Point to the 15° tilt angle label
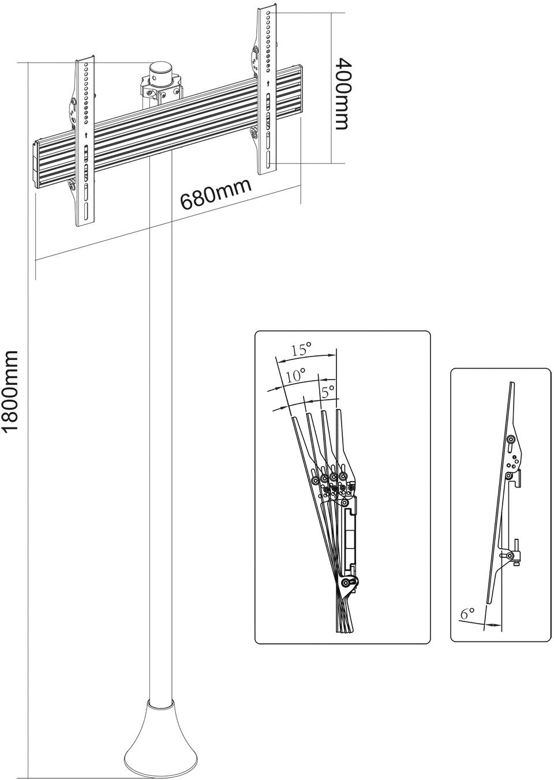[x=301, y=350]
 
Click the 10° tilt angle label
[x=295, y=376]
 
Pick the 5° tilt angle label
[x=328, y=392]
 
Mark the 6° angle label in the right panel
[x=467, y=614]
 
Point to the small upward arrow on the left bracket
[x=86, y=135]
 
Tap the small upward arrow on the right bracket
[x=268, y=84]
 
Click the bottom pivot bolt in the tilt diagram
[x=346, y=583]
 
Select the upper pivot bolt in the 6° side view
[x=510, y=440]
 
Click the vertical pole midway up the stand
[x=160, y=433]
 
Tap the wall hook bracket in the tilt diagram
[x=350, y=522]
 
